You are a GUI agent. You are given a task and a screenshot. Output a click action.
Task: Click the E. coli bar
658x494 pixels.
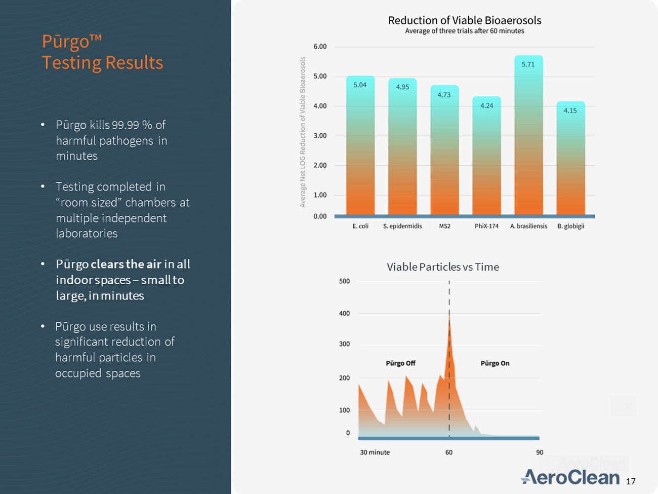click(360, 147)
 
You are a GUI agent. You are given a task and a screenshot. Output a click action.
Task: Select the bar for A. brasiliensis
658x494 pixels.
click(528, 137)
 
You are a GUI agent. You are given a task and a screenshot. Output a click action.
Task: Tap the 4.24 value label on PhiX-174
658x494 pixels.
click(486, 106)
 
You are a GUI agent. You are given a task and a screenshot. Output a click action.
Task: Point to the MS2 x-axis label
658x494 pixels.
click(444, 226)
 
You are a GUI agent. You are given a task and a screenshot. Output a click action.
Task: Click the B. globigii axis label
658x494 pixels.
click(570, 226)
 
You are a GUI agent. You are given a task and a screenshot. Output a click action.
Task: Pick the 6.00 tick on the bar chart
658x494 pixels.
click(320, 47)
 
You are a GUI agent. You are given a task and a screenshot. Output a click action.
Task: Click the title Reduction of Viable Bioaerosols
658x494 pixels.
click(464, 20)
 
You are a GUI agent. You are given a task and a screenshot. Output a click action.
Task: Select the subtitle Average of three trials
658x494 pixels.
click(464, 31)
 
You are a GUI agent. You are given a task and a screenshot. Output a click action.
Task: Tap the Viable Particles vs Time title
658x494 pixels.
click(443, 267)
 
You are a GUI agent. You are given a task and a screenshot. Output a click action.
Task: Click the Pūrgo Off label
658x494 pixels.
click(400, 363)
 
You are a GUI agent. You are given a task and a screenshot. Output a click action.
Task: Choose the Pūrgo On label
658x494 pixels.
click(495, 363)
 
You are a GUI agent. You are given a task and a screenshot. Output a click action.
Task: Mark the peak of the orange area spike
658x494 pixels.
click(449, 318)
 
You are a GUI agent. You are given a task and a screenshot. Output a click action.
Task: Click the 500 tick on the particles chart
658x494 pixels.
click(344, 281)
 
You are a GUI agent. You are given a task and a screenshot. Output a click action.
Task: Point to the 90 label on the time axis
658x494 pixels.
click(540, 452)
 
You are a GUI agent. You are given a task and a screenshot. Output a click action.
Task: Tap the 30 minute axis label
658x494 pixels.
click(375, 452)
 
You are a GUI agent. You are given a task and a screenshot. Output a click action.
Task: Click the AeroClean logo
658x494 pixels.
click(570, 477)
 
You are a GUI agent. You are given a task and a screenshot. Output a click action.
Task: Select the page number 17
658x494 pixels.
click(631, 481)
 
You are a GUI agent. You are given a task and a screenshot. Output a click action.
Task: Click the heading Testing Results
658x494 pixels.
click(102, 63)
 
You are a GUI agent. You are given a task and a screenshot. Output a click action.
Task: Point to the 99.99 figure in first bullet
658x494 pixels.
click(126, 125)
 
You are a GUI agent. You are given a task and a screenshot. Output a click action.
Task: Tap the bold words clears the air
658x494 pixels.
click(126, 264)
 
